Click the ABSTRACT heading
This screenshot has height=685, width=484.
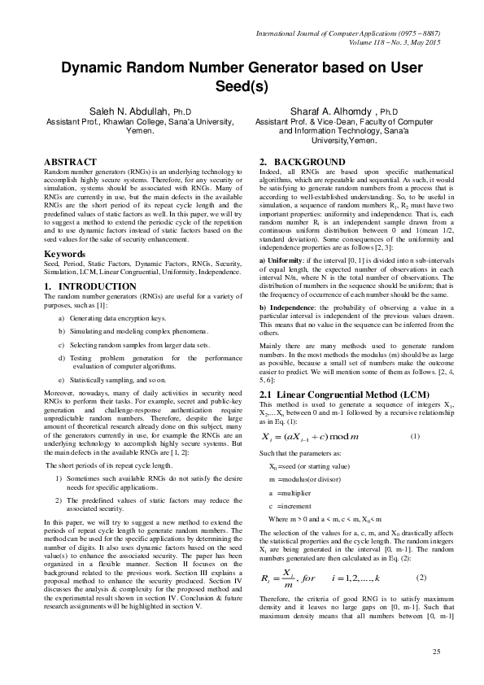pos(70,162)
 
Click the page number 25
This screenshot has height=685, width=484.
pos(436,653)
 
